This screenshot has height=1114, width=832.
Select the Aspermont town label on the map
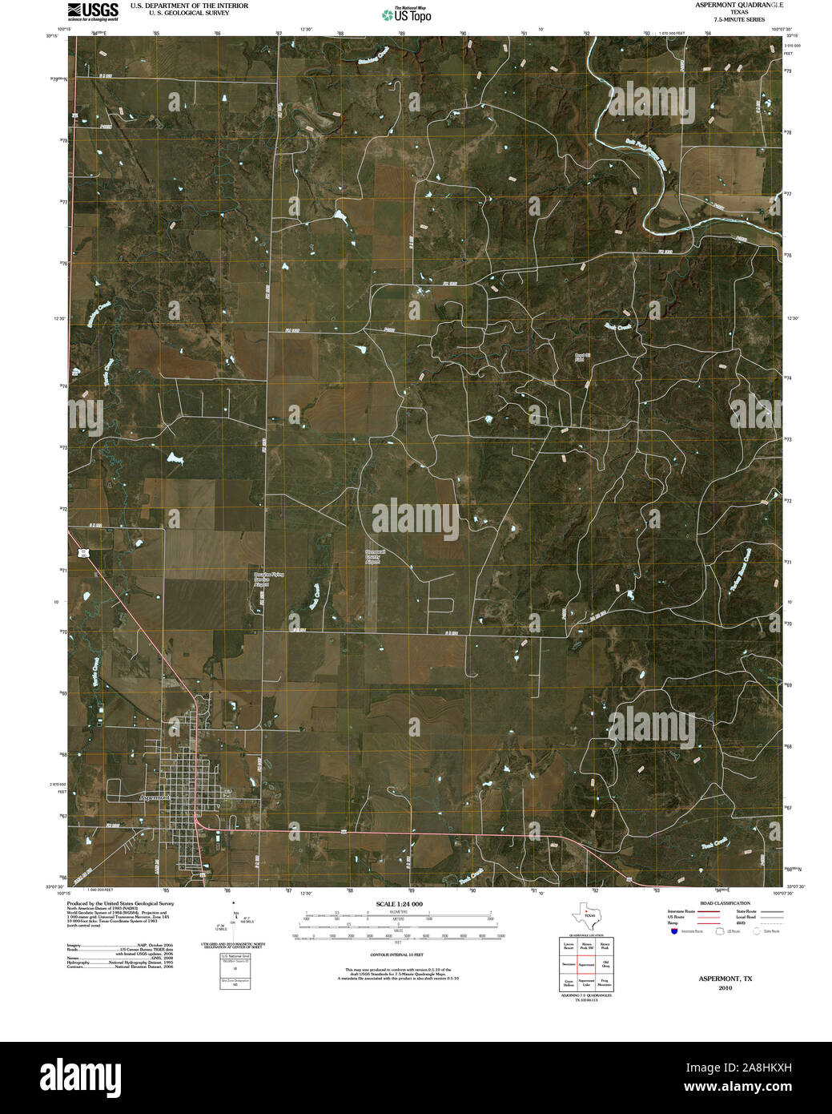coord(155,797)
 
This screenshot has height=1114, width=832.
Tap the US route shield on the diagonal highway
coord(82,553)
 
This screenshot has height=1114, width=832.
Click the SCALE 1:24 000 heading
coord(400,903)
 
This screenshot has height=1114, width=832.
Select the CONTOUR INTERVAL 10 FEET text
coord(397,955)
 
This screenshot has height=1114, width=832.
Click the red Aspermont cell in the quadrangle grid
coord(587,964)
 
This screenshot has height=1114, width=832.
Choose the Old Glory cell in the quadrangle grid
coord(605,964)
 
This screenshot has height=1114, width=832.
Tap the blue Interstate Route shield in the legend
coord(673,931)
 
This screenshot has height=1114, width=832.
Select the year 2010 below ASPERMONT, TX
coord(725,988)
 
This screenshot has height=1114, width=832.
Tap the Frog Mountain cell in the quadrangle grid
coord(605,982)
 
